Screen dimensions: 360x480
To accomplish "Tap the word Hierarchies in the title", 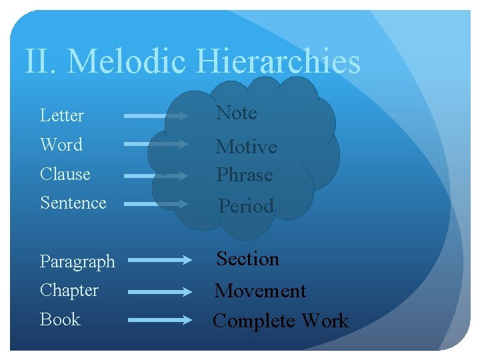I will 279,61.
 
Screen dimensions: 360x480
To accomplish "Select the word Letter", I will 62,115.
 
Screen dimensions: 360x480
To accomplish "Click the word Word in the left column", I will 61,145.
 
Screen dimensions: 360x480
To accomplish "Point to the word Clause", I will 65,174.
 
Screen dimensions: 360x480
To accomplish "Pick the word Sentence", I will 73,203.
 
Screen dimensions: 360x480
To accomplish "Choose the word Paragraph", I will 77,262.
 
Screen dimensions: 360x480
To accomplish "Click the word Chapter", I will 69,291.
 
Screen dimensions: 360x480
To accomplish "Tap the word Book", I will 60,320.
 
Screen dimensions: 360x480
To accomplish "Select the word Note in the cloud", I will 237,113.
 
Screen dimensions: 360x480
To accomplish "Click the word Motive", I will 247,147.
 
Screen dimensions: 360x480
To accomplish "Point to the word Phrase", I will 245,175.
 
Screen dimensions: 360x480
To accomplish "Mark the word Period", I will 247,206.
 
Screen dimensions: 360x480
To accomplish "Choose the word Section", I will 248,259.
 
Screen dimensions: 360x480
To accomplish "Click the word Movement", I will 260,291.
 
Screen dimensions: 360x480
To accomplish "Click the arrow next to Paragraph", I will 159,261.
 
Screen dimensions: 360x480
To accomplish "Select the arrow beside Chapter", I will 159,291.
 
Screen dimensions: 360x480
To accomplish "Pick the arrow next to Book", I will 159,320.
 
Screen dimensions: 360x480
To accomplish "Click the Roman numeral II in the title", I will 37,61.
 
